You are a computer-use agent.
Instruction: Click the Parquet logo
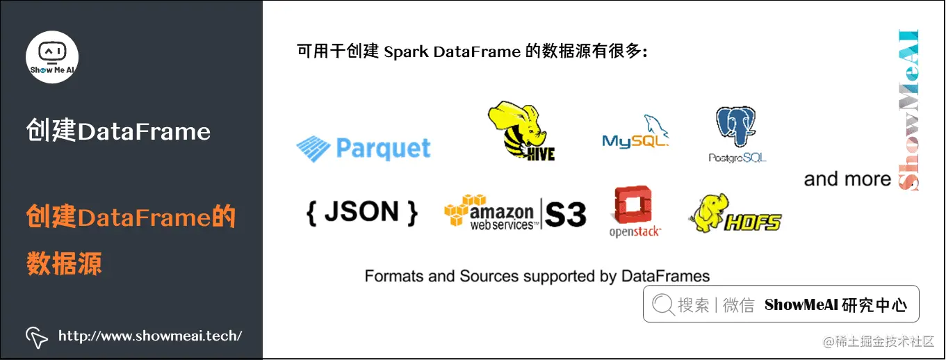(364, 148)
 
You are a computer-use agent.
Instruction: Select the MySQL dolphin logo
(635, 133)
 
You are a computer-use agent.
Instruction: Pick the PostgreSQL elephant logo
(737, 134)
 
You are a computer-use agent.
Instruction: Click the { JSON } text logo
(362, 211)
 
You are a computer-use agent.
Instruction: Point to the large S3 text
(566, 215)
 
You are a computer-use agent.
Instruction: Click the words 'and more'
(847, 179)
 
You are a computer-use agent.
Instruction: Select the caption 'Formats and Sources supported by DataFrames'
(537, 276)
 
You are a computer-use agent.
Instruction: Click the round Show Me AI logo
(52, 57)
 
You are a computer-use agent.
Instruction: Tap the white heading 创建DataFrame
(118, 131)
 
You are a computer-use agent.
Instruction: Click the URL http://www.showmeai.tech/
(150, 336)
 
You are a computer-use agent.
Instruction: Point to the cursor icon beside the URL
(37, 337)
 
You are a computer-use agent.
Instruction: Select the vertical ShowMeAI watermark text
(908, 110)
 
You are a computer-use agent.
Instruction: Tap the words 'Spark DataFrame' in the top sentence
(452, 52)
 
